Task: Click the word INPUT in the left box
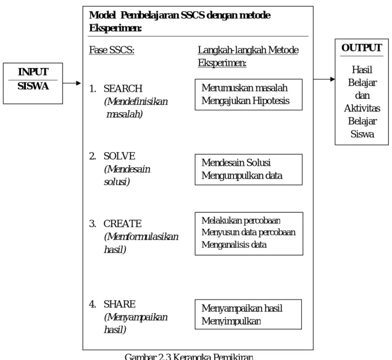[x=33, y=72]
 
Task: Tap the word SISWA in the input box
[x=33, y=86]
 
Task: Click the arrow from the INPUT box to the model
[x=72, y=83]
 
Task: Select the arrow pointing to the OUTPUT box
[x=324, y=79]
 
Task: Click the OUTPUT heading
[x=362, y=48]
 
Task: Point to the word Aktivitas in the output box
[x=362, y=108]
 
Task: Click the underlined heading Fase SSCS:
[x=112, y=50]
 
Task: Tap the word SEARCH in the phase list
[x=123, y=89]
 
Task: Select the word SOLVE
[x=120, y=156]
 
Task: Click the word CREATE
[x=122, y=223]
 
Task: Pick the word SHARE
[x=120, y=304]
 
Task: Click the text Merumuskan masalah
[x=244, y=88]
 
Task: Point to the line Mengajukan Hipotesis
[x=245, y=101]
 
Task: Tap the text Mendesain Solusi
[x=236, y=162]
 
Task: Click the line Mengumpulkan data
[x=242, y=175]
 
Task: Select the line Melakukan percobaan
[x=241, y=220]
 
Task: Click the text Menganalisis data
[x=234, y=244]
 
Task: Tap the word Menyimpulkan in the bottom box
[x=231, y=321]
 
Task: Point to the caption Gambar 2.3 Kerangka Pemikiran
[x=189, y=357]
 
